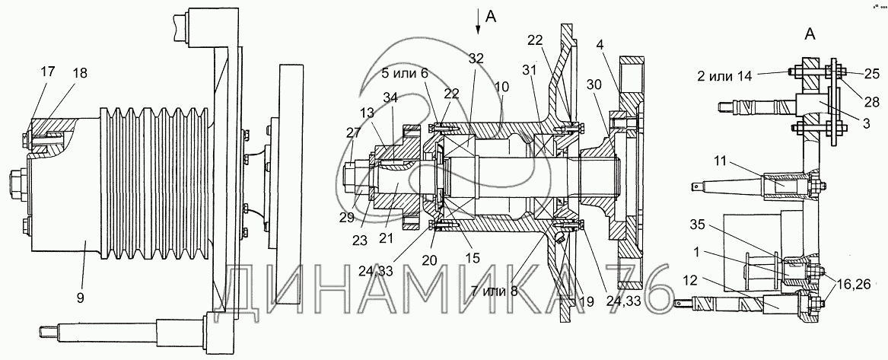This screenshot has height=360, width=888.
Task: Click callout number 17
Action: pos(48,72)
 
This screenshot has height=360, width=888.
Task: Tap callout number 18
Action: pos(80,75)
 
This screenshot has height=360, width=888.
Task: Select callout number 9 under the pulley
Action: pos(80,297)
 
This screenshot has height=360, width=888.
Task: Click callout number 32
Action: pos(476,58)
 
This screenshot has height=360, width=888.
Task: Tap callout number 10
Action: pos(501,88)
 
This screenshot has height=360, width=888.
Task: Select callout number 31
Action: pos(529,69)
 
